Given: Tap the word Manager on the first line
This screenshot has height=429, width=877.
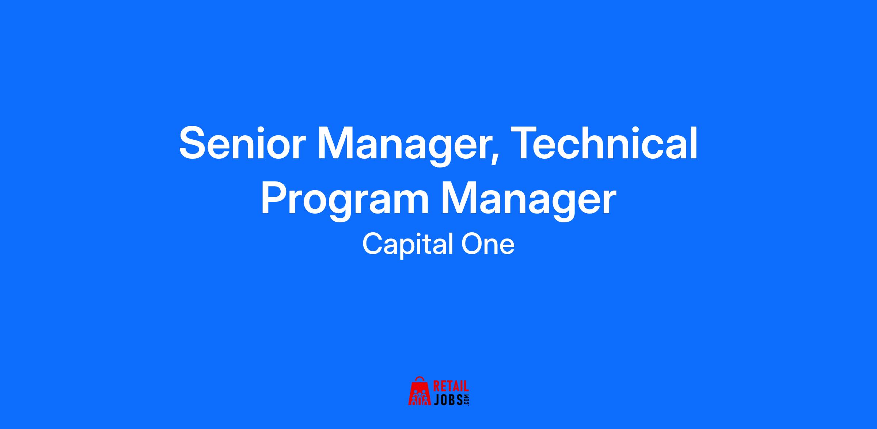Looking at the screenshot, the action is (402, 146).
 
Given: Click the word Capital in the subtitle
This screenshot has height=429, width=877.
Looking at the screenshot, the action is (405, 245).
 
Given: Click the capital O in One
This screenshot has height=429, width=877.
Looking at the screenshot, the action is (472, 244).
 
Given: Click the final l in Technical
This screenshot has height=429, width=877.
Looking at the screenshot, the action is (694, 143).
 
